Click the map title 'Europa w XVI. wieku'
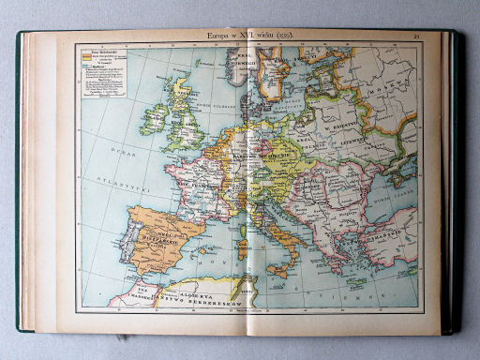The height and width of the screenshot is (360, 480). pos(247,36)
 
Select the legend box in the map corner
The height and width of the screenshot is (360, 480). pos(98,74)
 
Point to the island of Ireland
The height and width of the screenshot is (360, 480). pos(155,114)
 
